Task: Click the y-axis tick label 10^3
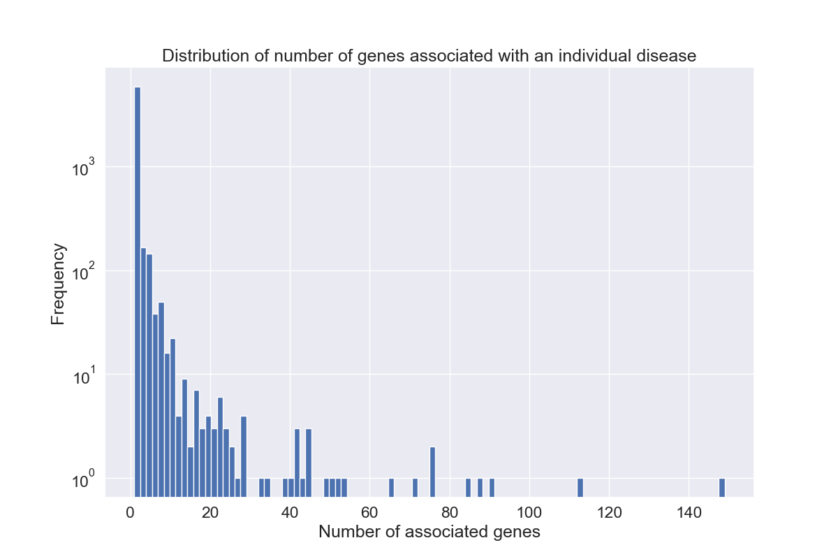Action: (84, 168)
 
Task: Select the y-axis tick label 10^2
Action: (84, 271)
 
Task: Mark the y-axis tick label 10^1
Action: (84, 375)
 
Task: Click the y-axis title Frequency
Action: (59, 284)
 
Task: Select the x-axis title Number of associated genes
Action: (429, 532)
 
